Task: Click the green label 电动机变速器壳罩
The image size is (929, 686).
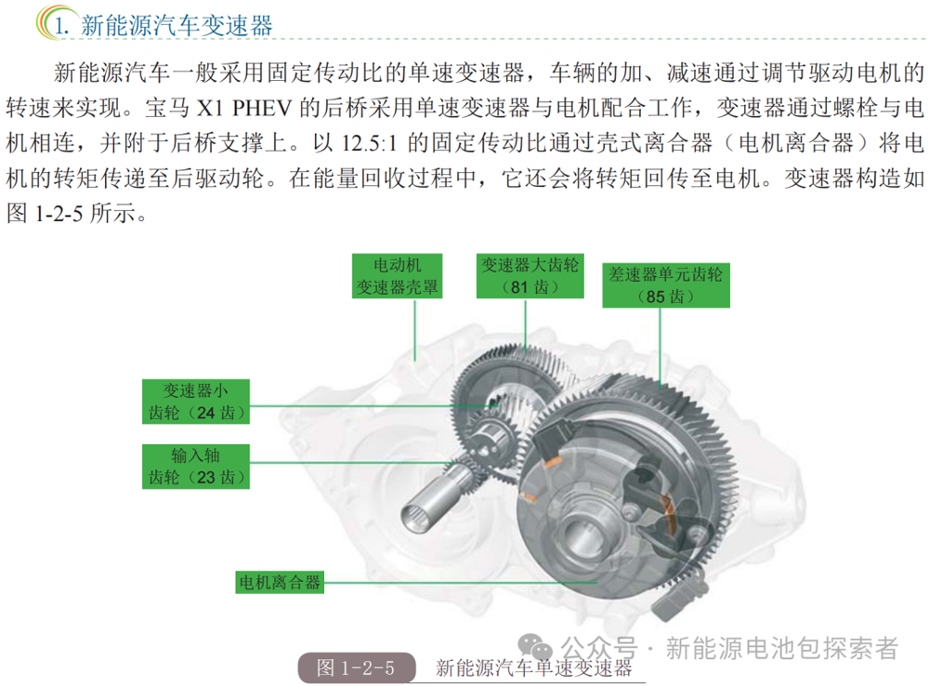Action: point(397,276)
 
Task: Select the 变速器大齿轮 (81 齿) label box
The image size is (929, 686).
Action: point(530,276)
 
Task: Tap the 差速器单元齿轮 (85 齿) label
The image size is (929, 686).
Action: point(666,285)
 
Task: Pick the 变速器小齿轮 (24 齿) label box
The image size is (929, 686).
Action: point(195,402)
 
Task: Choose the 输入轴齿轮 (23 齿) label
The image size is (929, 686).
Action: point(195,467)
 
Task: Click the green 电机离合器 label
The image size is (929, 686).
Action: point(280,582)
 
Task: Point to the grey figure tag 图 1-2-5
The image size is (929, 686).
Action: point(356,667)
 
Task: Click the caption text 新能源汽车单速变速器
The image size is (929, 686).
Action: point(534,668)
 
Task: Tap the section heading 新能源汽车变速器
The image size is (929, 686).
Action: point(177,25)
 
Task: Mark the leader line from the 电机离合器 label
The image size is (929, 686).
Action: point(461,583)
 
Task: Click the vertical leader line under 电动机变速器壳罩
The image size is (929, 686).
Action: point(414,330)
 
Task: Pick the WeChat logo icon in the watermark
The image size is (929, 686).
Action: point(535,648)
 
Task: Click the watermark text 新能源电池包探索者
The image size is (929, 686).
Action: point(782,648)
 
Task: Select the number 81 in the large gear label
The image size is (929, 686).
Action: point(519,287)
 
